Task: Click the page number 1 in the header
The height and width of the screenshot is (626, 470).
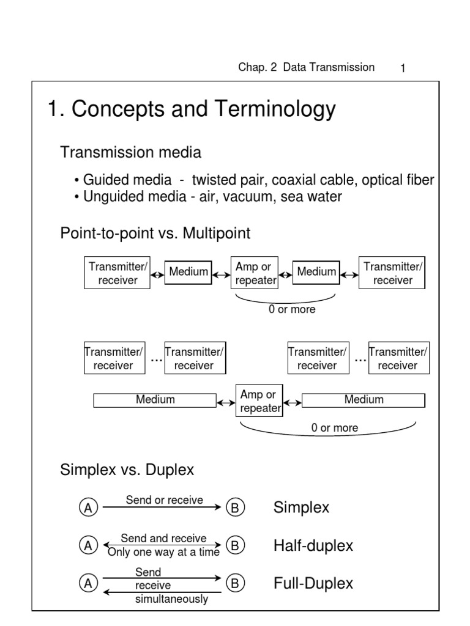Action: tap(403, 68)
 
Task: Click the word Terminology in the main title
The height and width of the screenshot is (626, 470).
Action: tap(275, 109)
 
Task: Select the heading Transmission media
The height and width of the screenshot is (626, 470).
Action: tap(131, 152)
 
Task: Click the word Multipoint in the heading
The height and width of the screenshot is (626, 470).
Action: tap(216, 233)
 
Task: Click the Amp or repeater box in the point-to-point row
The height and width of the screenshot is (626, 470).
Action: tap(255, 273)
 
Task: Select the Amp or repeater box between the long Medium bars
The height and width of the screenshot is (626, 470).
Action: tap(259, 400)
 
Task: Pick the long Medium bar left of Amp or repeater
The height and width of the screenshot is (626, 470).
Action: tap(155, 400)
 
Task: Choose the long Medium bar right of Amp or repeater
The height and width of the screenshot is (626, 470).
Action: tap(364, 400)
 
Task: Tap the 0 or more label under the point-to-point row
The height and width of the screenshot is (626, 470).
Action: tap(292, 309)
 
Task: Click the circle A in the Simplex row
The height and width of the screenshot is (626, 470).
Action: tap(88, 507)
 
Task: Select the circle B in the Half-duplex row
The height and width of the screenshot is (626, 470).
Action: tap(235, 545)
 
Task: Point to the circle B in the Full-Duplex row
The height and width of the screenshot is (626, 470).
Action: tap(235, 583)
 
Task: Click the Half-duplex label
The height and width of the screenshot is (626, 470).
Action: tap(313, 546)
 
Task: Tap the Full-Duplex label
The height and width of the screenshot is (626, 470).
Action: tap(313, 583)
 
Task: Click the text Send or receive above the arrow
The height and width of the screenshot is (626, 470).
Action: tap(164, 500)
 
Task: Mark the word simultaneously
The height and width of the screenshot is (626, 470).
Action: tap(171, 599)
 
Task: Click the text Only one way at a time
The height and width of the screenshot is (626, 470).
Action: tap(164, 552)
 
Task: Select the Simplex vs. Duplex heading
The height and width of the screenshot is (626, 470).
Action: tap(127, 470)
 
